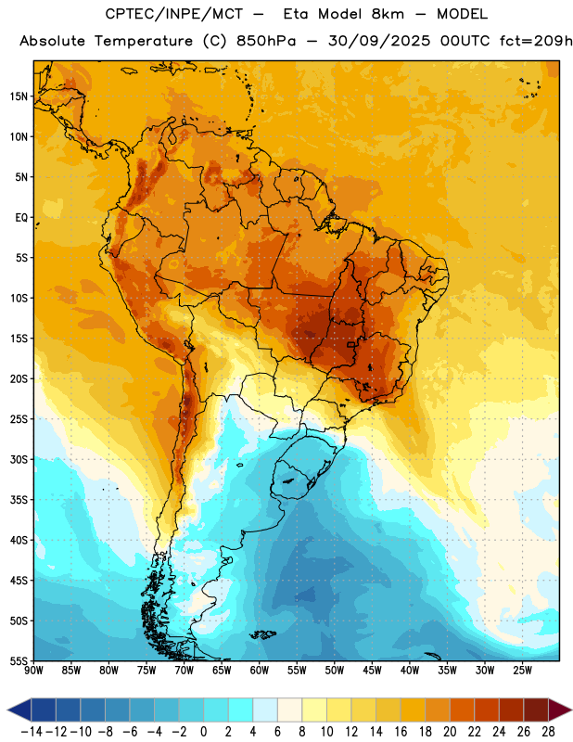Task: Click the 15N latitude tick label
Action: pos(19,96)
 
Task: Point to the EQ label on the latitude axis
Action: pos(21,218)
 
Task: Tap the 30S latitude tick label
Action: pos(19,459)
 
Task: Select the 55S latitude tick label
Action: pos(19,661)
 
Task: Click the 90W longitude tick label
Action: pos(33,671)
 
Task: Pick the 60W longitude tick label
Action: pos(260,671)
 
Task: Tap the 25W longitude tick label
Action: pos(522,671)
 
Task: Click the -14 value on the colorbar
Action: pos(32,732)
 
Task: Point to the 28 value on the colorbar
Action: pos(548,732)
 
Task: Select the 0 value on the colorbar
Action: pos(203,732)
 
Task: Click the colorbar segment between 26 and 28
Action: pos(536,710)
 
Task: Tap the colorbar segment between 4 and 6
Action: pos(265,710)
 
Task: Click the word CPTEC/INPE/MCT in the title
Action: pos(174,14)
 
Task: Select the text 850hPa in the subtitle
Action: pos(266,41)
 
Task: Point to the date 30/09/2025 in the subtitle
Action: pos(379,41)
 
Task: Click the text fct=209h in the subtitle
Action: pos(536,41)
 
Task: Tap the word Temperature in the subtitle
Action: pos(144,42)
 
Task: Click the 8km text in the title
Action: pos(388,14)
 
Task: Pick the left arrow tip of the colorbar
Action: pos(7,710)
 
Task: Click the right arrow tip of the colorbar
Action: pos(571,710)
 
